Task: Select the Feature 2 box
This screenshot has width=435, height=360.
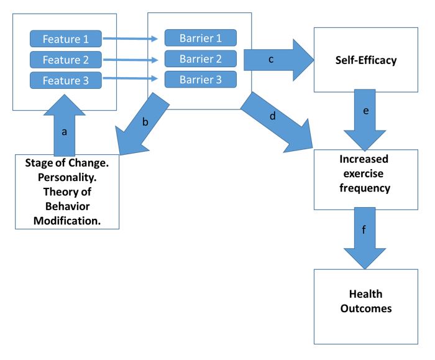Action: click(x=65, y=61)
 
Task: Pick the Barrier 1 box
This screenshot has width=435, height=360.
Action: click(x=200, y=37)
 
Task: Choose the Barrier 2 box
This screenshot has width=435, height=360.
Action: click(x=200, y=58)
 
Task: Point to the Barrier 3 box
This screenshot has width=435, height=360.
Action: click(x=200, y=80)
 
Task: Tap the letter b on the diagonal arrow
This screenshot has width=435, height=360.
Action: click(x=145, y=122)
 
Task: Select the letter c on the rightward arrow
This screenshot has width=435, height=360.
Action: click(x=271, y=60)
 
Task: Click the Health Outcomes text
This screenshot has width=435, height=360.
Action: click(x=365, y=301)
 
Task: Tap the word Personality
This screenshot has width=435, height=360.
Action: click(x=66, y=181)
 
